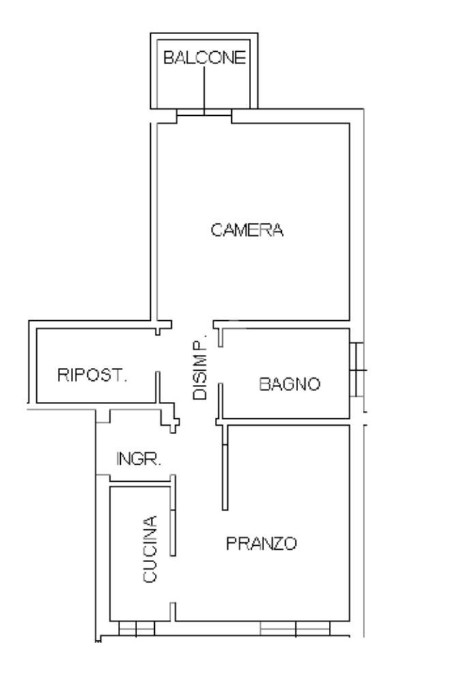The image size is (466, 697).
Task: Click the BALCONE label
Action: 204,57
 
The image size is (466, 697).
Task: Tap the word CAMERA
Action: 247,230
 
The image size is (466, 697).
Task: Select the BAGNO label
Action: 290,384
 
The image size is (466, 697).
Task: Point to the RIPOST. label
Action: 92,375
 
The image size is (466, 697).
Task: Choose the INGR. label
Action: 139,459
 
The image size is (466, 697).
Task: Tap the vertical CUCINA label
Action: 150,549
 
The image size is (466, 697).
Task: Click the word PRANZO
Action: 261,543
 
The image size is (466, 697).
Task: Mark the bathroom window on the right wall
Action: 358,369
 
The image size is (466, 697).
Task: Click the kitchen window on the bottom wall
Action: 136,629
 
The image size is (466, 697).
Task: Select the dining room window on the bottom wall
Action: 295,629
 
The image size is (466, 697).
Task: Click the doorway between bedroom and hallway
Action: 192,324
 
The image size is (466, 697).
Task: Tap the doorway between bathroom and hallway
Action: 220,365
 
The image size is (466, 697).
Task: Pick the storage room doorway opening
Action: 158,354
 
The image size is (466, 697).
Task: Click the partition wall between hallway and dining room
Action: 225,467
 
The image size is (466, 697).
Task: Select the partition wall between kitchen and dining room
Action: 173,516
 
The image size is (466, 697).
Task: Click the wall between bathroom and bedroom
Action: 282,324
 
